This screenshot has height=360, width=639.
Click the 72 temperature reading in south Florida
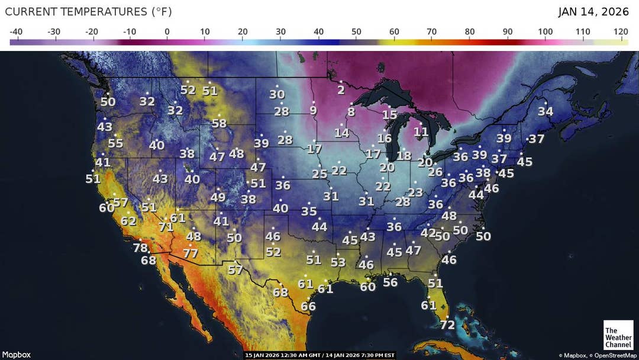click(447, 325)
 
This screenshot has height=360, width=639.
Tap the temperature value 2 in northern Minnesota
click(341, 90)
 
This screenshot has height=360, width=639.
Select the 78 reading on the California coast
click(140, 248)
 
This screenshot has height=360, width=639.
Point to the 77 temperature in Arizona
click(190, 253)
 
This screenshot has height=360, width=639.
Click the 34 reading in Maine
click(545, 111)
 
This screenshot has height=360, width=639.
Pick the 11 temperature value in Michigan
click(421, 131)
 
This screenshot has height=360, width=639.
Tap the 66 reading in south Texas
click(308, 307)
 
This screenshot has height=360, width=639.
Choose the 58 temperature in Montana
click(219, 124)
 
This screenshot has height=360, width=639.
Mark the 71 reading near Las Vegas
click(166, 227)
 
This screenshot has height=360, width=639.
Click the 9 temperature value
click(313, 110)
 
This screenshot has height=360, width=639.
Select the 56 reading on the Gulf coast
click(390, 282)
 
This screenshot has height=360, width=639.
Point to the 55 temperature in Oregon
click(115, 143)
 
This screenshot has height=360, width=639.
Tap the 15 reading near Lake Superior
click(389, 115)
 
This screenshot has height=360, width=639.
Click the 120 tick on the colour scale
click(621, 31)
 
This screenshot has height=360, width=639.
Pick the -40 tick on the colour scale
click(17, 31)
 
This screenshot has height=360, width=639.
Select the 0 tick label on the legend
click(167, 31)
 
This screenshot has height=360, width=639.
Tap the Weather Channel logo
click(618, 337)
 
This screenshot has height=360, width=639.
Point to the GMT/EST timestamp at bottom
click(319, 355)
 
